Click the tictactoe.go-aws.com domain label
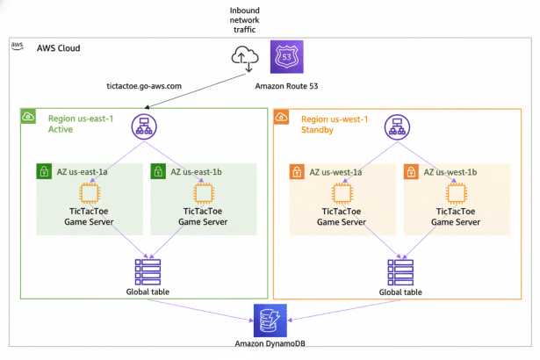click(143, 85)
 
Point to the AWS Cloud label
click(58, 47)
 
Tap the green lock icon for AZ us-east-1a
click(43, 172)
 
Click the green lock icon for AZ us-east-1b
click(159, 172)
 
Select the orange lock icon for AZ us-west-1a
click(297, 172)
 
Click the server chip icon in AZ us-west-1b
click(455, 193)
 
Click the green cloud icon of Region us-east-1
click(29, 117)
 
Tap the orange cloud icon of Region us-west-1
click(283, 117)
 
